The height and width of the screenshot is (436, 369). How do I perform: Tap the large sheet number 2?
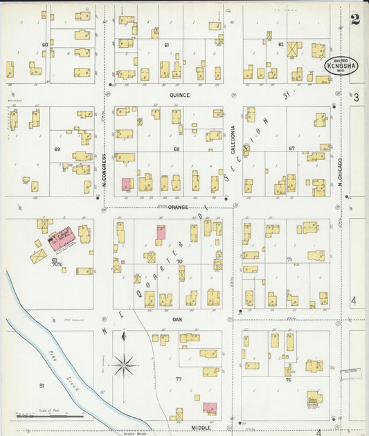coord(355,19)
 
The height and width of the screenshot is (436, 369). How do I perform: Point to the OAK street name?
coord(177,320)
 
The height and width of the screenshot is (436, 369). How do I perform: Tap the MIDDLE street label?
coord(201,428)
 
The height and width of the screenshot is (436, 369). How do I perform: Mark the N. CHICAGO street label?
coord(341,170)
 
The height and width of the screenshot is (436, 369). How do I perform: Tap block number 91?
coord(42,385)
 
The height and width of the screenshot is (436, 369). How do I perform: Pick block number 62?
coord(280,44)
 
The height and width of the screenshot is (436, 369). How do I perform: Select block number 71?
coord(289,260)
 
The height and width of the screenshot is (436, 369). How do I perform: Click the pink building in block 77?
coord(210,408)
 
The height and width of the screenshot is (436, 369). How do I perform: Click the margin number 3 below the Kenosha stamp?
coord(357,98)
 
